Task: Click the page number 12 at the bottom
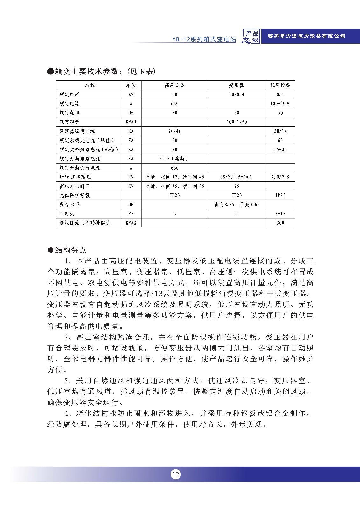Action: pos(175,474)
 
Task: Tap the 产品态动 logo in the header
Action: pos(251,37)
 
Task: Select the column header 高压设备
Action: pos(174,85)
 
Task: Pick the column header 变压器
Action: pos(236,85)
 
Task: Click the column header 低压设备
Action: pos(280,85)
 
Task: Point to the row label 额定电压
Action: pos(69,94)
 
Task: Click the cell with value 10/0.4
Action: pos(236,94)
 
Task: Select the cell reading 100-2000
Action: pos(280,104)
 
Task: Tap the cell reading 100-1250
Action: pos(236,122)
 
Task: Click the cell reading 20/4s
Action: pos(174,131)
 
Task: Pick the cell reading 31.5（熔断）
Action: pos(174,158)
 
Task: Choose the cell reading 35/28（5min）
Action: pos(236,177)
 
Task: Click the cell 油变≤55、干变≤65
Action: pos(236,205)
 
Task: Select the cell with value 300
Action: pos(280,223)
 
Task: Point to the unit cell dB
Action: pos(131,205)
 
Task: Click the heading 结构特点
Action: pos(71,250)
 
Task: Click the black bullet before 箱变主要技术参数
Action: pos(50,72)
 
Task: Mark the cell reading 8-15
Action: pos(280,214)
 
